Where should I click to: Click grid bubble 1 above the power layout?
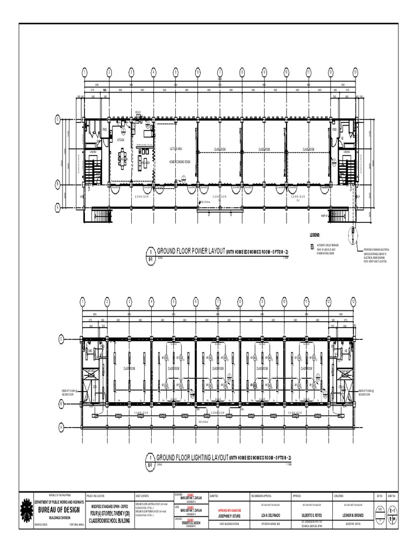point(85,71)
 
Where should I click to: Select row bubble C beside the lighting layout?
point(61,339)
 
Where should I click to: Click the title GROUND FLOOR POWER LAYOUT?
point(190,251)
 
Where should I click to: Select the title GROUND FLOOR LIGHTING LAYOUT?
point(191,457)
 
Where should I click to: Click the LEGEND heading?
point(315,235)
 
